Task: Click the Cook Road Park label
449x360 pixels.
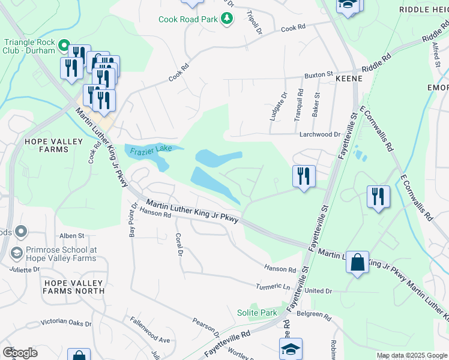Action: click(187, 20)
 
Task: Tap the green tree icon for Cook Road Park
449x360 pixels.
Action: click(227, 19)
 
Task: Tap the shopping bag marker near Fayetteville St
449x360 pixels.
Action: click(357, 262)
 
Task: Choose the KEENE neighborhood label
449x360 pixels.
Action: click(348, 79)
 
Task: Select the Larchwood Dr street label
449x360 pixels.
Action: click(320, 135)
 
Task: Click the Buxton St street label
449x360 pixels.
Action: click(318, 75)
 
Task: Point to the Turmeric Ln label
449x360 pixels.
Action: click(273, 287)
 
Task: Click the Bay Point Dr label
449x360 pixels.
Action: click(132, 220)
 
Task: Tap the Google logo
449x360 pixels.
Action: click(20, 353)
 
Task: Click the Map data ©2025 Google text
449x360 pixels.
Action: click(412, 355)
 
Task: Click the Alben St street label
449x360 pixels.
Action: click(71, 236)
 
